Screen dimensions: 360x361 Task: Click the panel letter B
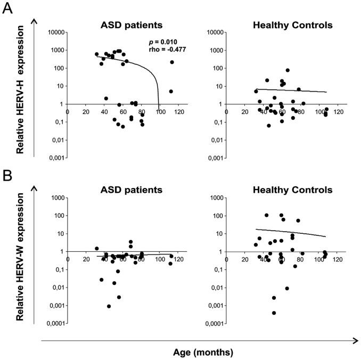click(x=7, y=175)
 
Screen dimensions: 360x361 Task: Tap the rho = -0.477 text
click(x=169, y=50)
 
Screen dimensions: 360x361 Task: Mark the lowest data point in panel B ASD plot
click(x=109, y=306)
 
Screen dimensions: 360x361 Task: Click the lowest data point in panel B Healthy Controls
click(x=274, y=313)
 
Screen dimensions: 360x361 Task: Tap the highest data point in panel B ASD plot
click(x=131, y=242)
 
